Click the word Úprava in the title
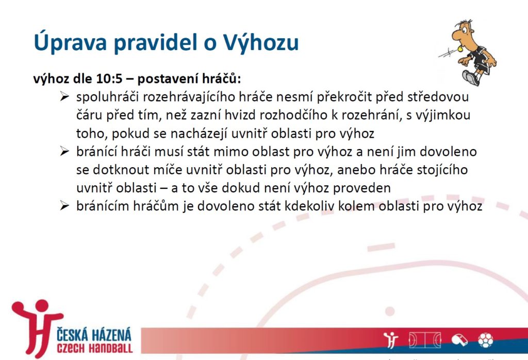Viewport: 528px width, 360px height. [x=70, y=42]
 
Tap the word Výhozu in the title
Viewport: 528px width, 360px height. [x=260, y=42]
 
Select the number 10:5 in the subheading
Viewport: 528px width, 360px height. [x=109, y=79]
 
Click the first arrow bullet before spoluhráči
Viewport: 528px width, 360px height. [x=64, y=97]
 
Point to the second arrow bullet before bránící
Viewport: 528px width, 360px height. [x=64, y=152]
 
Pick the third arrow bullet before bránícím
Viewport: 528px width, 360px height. [x=64, y=206]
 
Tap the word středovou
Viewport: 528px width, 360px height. [x=438, y=97]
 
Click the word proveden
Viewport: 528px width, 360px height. [x=362, y=188]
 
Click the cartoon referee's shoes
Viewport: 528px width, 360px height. [x=471, y=78]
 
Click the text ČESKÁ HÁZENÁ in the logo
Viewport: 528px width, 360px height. [x=94, y=335]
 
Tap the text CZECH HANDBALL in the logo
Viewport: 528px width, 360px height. [x=95, y=348]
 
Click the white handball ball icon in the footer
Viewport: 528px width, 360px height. [x=485, y=340]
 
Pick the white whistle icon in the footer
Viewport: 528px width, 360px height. [x=459, y=340]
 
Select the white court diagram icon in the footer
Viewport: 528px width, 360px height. [x=425, y=340]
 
